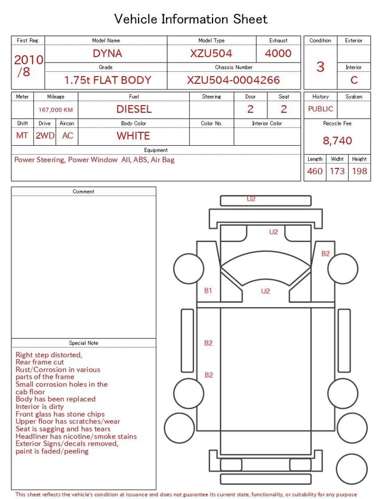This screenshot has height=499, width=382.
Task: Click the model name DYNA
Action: (107, 53)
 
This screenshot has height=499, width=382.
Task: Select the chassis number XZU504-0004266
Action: (233, 80)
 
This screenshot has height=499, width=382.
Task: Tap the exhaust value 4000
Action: (278, 53)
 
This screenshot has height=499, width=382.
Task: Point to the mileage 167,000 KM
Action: (56, 110)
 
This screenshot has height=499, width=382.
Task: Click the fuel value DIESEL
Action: (134, 109)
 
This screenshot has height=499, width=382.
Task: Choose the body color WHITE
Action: (133, 136)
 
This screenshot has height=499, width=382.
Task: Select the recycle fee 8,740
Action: (337, 140)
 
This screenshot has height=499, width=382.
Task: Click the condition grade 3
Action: (320, 66)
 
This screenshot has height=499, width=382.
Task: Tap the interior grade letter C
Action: (354, 79)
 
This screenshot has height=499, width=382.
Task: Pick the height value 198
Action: (359, 171)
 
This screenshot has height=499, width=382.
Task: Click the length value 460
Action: (315, 171)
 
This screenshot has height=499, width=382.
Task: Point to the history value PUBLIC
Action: (321, 109)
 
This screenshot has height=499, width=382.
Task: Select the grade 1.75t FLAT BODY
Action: (107, 80)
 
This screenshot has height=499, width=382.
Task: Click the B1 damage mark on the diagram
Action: (208, 290)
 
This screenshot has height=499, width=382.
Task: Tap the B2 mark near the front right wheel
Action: (325, 253)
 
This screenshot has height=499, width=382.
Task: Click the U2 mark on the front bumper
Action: (251, 199)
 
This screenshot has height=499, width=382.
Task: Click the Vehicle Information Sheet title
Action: (191, 19)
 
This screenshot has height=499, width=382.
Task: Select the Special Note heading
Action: (84, 343)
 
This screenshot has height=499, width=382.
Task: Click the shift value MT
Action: (22, 136)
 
